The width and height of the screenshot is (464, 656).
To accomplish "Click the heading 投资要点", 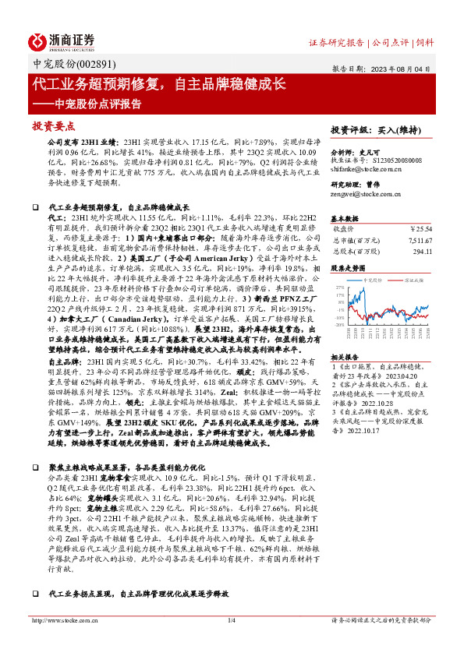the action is (52, 125).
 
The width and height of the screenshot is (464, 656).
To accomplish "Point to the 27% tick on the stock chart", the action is (340, 287).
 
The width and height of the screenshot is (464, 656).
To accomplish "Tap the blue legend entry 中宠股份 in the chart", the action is (375, 278).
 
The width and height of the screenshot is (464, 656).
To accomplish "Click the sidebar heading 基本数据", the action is (345, 218).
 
